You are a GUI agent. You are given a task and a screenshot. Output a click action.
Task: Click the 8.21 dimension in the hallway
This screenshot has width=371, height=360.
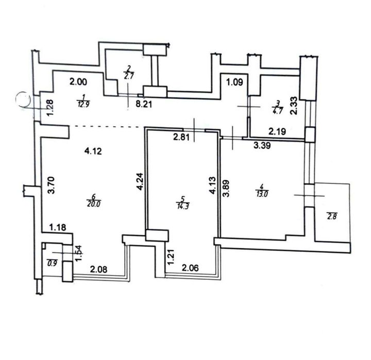point(144,104)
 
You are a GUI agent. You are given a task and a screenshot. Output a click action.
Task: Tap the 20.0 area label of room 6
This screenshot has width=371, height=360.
point(94,204)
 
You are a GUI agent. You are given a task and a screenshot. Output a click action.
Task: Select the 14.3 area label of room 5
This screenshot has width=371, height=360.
point(182,206)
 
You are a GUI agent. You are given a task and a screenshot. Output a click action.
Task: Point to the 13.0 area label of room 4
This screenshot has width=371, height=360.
point(262,194)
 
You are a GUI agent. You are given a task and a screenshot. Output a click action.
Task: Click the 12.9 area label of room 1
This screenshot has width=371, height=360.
point(83,105)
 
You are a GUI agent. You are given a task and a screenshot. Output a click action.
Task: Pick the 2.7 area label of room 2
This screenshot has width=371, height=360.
point(129,77)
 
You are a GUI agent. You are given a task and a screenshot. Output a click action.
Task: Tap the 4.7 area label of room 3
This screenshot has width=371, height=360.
point(278,111)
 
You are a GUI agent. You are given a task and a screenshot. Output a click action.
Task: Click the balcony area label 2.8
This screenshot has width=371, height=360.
point(332,216)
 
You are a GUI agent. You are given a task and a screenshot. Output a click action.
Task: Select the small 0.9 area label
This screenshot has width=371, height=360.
point(52,263)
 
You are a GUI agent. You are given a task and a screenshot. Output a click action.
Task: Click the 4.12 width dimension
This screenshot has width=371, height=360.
point(93,151)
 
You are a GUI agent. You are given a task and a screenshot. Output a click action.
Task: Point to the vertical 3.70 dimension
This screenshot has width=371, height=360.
point(52,185)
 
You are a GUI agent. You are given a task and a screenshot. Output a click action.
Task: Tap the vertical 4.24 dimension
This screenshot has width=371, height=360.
point(140,182)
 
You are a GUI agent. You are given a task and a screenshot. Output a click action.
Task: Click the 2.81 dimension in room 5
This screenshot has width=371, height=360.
point(181,137)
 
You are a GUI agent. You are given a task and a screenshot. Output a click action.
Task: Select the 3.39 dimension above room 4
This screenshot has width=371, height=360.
point(262,145)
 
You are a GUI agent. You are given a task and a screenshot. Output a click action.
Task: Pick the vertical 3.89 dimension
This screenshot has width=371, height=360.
point(226,188)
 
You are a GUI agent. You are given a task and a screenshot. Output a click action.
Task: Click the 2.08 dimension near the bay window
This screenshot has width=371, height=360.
point(98,269)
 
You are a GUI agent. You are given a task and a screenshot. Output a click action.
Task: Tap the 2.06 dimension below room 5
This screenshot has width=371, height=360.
point(190,268)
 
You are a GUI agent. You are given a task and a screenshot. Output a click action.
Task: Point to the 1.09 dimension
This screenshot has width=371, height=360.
point(235,82)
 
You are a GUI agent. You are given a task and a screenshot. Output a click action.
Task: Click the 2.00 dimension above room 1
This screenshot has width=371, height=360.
point(78,82)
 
